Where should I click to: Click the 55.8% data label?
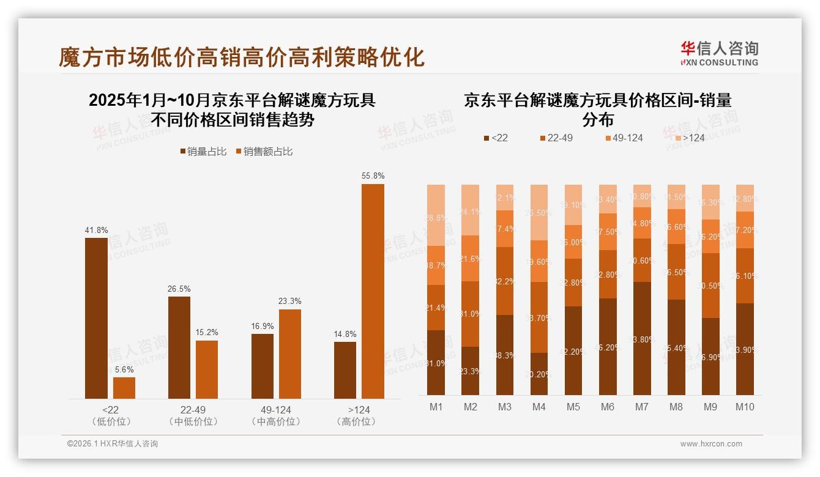373,176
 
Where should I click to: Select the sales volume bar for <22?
96,318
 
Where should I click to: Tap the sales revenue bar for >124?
373,291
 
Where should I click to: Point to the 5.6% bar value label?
124,369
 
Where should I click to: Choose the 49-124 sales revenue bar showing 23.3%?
289,354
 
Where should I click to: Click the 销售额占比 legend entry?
264,151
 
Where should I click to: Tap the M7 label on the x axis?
642,407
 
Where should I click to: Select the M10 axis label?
745,407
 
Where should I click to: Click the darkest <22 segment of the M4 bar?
539,374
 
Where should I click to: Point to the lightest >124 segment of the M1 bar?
436,215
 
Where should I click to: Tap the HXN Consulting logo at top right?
719,53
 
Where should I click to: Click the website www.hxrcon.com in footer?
710,443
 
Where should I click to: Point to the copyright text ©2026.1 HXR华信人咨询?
112,443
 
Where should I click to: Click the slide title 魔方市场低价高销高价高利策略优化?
241,57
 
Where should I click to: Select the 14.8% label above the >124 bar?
345,334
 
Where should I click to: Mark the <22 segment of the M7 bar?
642,338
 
